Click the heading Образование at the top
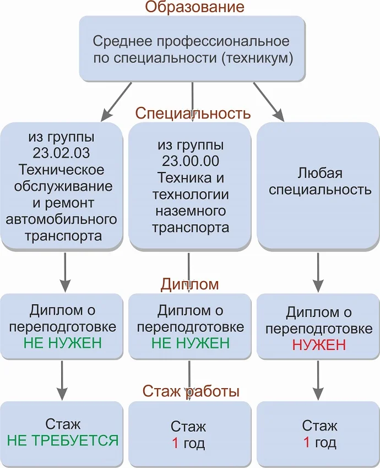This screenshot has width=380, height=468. (x=194, y=7)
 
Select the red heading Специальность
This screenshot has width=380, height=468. (x=193, y=114)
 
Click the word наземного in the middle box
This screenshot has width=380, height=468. (x=191, y=211)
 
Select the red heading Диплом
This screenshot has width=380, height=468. (x=190, y=284)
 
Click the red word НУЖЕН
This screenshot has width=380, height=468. (x=319, y=345)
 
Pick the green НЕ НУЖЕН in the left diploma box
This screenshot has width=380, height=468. (x=62, y=343)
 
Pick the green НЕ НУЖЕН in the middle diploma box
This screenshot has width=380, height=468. (x=190, y=343)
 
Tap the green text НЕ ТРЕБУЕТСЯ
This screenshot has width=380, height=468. (x=62, y=440)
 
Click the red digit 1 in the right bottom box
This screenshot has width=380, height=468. (x=306, y=442)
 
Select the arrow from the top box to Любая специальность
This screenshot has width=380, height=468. (x=269, y=101)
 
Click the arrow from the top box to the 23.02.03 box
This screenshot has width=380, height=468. (x=117, y=101)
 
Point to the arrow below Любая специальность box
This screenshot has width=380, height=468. (x=319, y=272)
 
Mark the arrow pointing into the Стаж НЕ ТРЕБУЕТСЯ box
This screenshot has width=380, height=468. (x=64, y=380)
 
